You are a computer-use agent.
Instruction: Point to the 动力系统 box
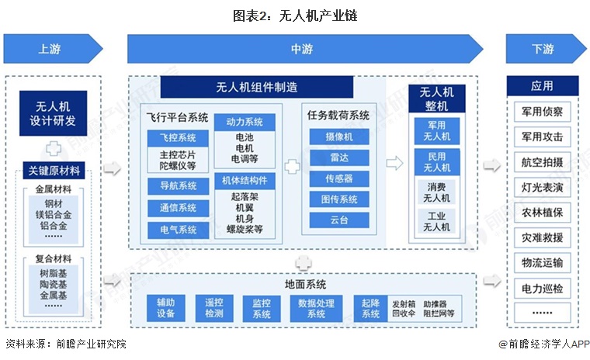pos(245,122)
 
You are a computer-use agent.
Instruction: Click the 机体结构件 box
pos(245,179)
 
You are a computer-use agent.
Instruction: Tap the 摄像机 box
pos(338,137)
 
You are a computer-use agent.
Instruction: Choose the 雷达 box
pos(338,157)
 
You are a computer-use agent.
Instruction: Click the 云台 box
pos(338,220)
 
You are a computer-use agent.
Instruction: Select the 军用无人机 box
pos(436,130)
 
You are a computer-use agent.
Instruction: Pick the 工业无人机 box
pos(436,221)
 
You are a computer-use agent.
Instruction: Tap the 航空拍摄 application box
pos(543,161)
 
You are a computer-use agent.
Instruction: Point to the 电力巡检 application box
pos(543,288)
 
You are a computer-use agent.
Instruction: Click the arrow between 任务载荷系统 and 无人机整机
pos(394,164)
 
